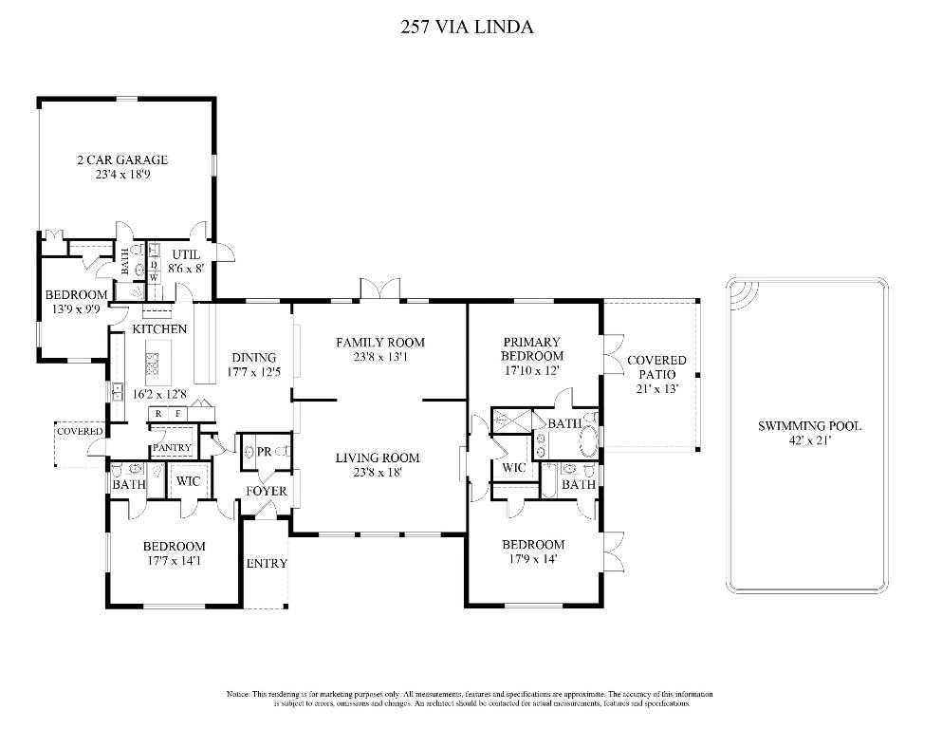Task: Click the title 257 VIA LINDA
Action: [468, 27]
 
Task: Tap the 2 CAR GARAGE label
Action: [122, 159]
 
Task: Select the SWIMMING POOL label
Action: [809, 426]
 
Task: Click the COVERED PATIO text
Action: [656, 367]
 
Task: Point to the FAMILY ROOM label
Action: [379, 343]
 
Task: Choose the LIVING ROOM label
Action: [377, 458]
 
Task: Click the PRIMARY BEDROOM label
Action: [532, 348]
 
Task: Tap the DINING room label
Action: [252, 358]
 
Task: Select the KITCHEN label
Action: [159, 328]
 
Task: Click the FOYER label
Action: [267, 491]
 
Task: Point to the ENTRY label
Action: [266, 564]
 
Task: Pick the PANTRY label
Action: [173, 447]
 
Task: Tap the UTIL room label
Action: [186, 254]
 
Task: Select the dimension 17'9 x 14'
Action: [532, 560]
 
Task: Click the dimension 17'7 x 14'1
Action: [174, 561]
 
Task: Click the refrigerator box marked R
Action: [158, 415]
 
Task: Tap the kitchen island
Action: [152, 364]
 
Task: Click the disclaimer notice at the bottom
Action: [467, 700]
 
